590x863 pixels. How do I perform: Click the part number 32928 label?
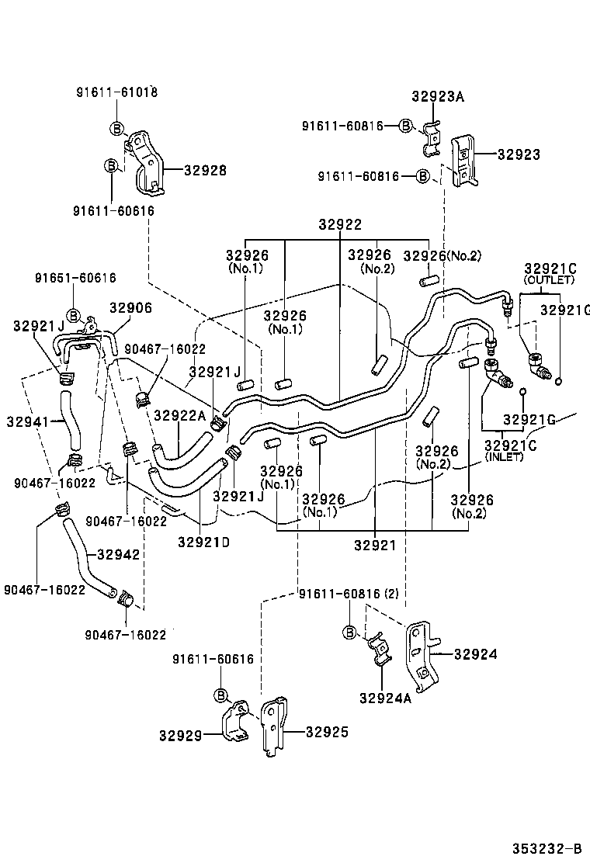(206, 171)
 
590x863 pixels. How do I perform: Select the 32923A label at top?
(438, 97)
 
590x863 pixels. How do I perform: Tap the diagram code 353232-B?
(547, 848)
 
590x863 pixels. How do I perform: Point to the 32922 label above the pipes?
(340, 224)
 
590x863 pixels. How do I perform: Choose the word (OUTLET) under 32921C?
(550, 280)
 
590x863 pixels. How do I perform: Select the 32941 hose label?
(28, 422)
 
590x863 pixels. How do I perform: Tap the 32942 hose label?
(118, 555)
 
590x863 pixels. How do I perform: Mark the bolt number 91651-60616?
(75, 278)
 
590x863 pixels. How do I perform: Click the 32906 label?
(130, 308)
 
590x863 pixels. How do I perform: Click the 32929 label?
(182, 735)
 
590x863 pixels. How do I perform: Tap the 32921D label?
(203, 542)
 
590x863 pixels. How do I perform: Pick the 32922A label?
(180, 416)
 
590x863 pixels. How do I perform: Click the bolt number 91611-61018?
(116, 92)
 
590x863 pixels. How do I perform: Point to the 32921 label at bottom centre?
(375, 546)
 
